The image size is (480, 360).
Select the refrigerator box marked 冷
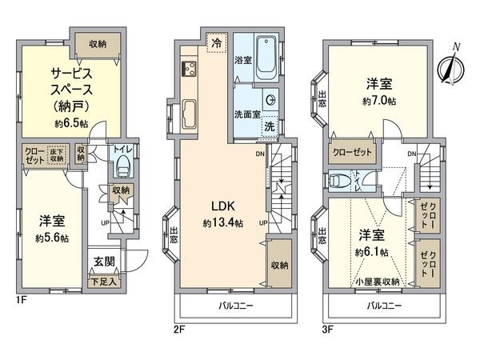pos(216,44)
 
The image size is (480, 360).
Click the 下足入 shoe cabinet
pos(102,280)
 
